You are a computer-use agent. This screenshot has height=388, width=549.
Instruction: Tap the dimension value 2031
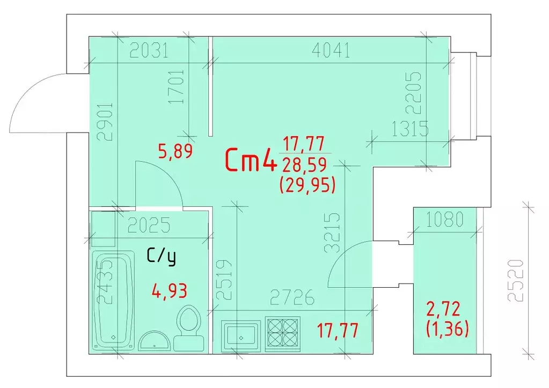click(149, 51)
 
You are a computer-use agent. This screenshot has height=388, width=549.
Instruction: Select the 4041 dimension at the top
click(331, 51)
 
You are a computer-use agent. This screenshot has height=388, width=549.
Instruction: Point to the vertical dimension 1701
click(176, 86)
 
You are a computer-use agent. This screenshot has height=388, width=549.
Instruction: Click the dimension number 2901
click(105, 121)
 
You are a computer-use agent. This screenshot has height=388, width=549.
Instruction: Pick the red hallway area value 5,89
click(176, 151)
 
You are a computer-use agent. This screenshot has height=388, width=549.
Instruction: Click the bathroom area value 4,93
click(170, 290)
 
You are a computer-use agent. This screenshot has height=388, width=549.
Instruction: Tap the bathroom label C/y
click(161, 257)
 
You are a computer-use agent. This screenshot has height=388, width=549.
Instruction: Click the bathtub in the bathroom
click(113, 300)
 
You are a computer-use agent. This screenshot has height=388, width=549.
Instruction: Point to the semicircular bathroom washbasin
click(155, 340)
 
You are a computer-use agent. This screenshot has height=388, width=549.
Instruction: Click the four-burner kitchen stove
click(283, 334)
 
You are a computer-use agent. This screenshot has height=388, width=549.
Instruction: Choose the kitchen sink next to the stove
click(241, 335)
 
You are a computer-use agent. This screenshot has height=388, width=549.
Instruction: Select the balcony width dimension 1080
click(445, 220)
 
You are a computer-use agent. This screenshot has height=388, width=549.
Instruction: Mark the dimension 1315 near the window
click(410, 129)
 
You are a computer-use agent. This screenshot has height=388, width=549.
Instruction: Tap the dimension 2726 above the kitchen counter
click(292, 297)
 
